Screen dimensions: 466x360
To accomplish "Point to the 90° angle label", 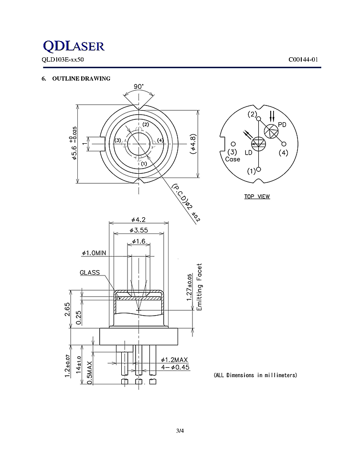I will pos(138,87).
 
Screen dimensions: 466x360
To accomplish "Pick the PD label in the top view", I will pos(282,125).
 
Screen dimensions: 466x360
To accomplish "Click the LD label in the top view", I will pos(248,152).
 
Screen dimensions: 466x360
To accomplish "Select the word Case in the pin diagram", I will pos(233,159).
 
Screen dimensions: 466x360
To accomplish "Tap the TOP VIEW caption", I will pos(257,197).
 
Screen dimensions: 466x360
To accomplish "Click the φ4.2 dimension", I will pos(138,220).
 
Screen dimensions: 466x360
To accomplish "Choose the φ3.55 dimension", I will pos(138,231).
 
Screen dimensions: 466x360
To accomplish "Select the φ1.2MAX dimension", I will pos(176,360).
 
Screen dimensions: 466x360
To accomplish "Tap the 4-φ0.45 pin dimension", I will pos(176,367).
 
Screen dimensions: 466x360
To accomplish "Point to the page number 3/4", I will pos(180,431).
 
